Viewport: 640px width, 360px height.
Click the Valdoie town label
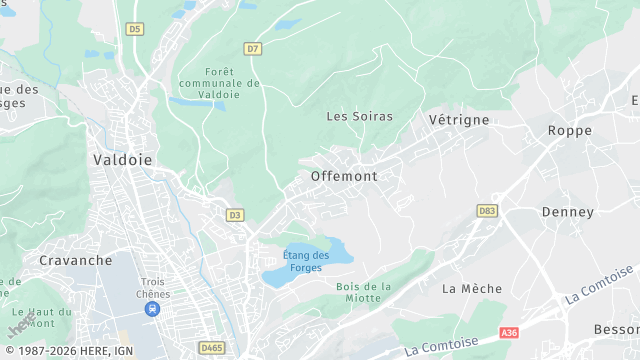click(123, 159)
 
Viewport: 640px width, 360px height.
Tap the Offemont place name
click(344, 176)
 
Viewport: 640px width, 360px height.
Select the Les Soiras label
click(360, 116)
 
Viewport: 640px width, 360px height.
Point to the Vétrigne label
click(459, 119)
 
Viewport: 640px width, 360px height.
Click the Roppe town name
click(570, 130)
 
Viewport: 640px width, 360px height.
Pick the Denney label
click(568, 212)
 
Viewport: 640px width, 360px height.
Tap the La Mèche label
click(465, 289)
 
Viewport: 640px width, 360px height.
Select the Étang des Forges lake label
click(306, 261)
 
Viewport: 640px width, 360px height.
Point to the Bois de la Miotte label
click(364, 292)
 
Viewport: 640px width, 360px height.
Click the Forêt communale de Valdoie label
click(217, 83)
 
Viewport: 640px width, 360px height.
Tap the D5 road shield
click(135, 29)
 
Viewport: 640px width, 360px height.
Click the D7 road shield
click(252, 48)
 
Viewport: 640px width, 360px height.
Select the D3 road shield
click(235, 214)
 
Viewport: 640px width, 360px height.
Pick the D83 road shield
click(487, 211)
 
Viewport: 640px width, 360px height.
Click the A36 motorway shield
click(510, 332)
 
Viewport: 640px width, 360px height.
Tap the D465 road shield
click(212, 348)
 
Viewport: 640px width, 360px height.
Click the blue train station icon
click(152, 310)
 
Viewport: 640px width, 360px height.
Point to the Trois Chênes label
click(154, 288)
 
